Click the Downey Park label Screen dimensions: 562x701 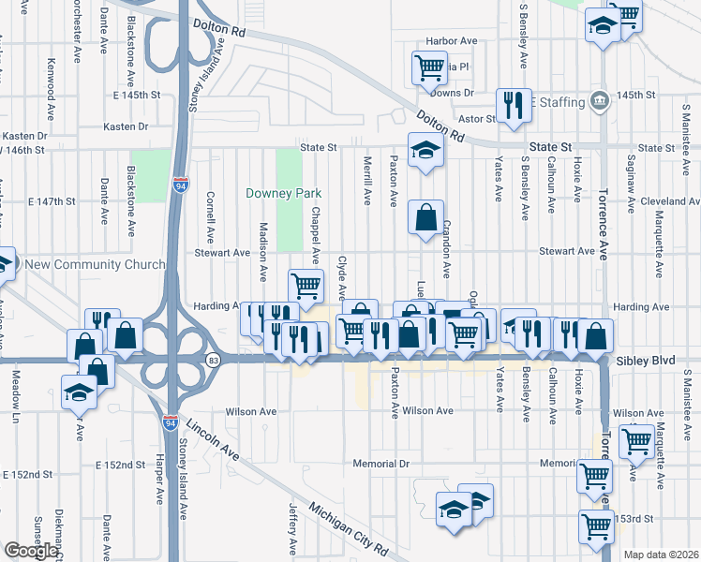coord(283,194)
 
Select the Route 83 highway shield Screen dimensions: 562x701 coord(215,360)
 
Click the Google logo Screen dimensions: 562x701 coord(31,551)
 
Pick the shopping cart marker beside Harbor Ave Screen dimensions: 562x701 coord(428,66)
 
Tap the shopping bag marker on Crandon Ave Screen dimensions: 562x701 coord(425,217)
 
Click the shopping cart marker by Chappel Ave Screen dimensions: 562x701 coord(305,285)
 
